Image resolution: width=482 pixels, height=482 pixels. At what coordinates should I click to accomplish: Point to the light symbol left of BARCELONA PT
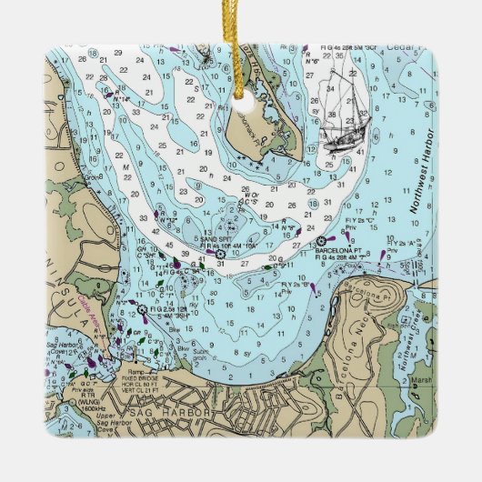(x=321, y=241)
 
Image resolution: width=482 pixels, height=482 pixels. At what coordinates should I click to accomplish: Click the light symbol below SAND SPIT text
(x=220, y=256)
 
